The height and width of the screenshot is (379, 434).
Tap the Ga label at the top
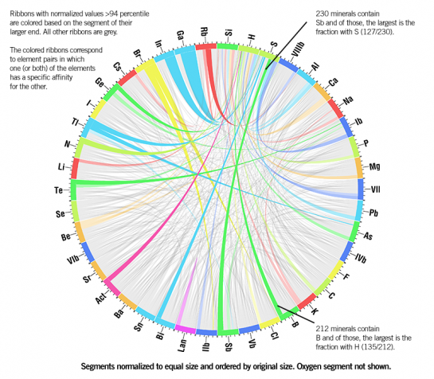click(180, 35)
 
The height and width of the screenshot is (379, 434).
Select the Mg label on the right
click(375, 166)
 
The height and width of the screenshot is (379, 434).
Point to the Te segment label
click(58, 190)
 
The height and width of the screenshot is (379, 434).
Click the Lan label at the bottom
click(182, 346)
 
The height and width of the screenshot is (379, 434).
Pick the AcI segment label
click(100, 299)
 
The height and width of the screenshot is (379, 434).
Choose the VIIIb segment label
click(298, 49)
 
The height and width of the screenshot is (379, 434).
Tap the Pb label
click(373, 213)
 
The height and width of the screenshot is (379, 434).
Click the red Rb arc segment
click(206, 46)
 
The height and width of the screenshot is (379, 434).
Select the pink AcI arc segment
click(112, 287)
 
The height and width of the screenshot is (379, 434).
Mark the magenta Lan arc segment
click(186, 329)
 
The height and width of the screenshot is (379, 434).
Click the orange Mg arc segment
click(358, 168)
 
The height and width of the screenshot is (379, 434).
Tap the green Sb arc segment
click(228, 332)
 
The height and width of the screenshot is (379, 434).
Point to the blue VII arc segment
click(361, 189)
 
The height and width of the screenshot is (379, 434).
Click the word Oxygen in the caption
click(309, 366)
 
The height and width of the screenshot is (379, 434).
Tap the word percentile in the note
click(134, 14)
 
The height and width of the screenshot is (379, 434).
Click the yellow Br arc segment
click(144, 66)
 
